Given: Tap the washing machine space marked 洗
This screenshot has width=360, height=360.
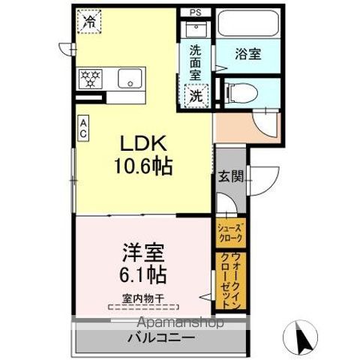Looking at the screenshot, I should coord(195,95).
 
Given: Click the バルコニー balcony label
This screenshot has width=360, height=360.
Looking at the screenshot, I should coord(160,338).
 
